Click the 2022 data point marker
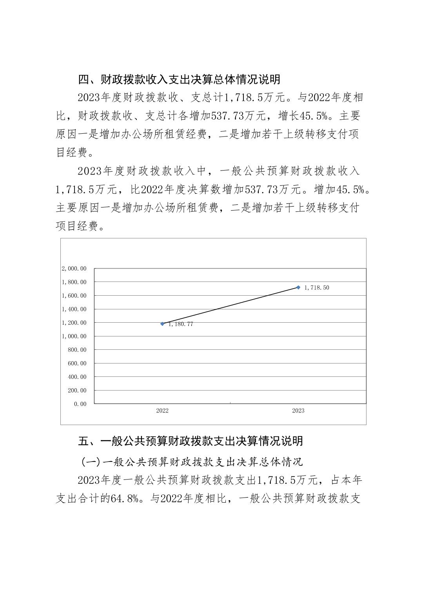[x=162, y=324]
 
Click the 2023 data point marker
[x=298, y=287]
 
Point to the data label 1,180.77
[x=181, y=324]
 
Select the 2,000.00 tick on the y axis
[x=74, y=269]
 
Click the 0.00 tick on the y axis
[x=80, y=404]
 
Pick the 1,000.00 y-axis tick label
[x=74, y=336]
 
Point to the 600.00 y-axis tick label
[x=77, y=363]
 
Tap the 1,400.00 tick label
[x=74, y=309]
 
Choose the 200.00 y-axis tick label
[x=77, y=391]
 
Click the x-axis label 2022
[x=162, y=411]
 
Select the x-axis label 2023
[x=298, y=411]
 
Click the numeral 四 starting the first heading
[x=84, y=80]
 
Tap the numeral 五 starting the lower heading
[x=84, y=441]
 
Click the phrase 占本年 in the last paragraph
[x=347, y=480]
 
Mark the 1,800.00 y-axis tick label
[x=74, y=282]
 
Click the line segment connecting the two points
[x=230, y=306]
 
